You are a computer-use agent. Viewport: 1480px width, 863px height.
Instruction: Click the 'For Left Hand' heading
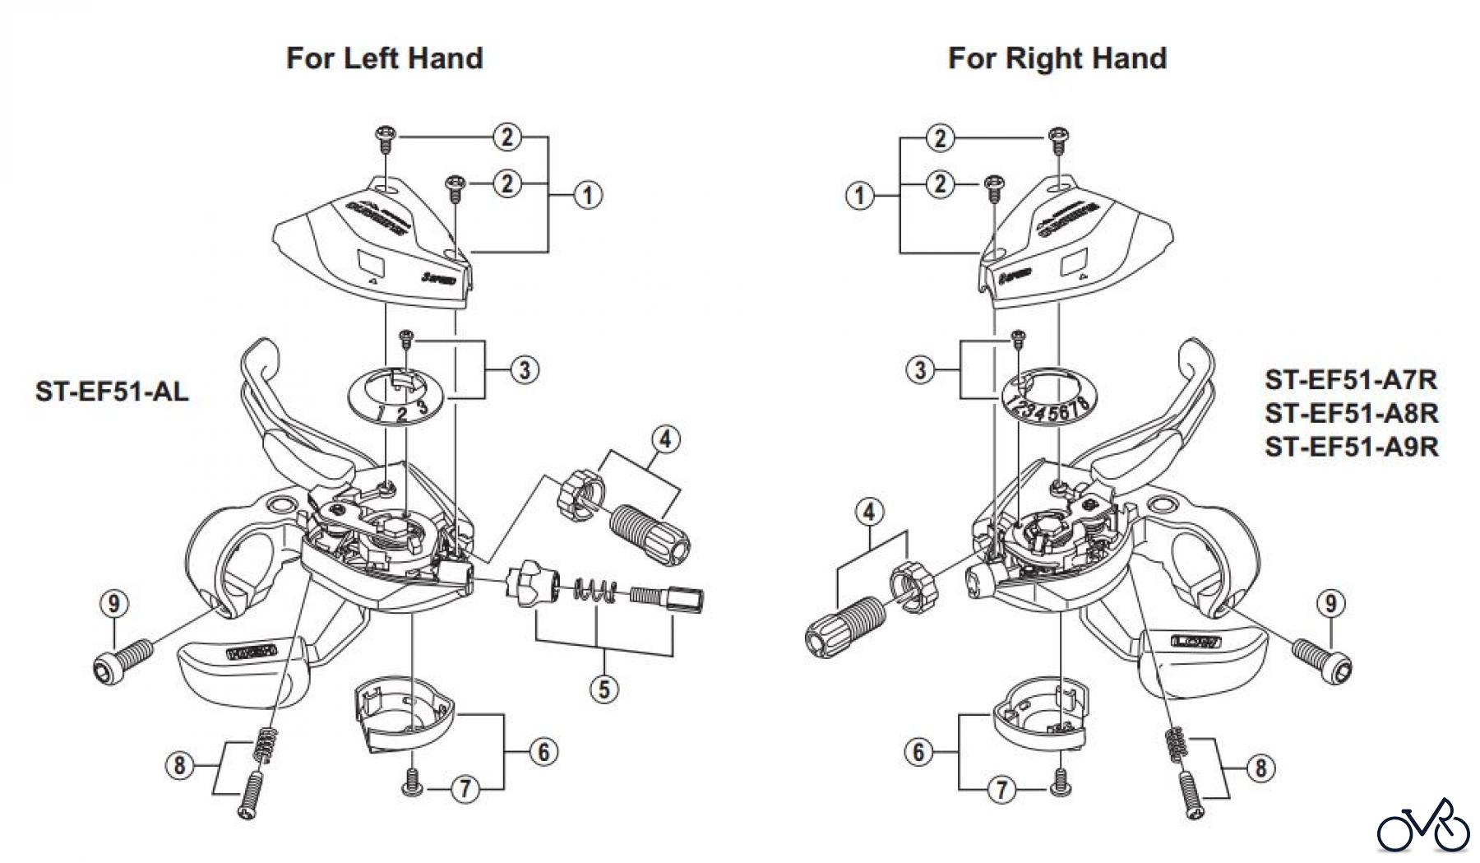tap(384, 58)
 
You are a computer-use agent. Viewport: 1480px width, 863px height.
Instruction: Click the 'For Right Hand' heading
tap(1057, 58)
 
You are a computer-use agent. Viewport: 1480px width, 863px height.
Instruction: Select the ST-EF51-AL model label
tap(112, 391)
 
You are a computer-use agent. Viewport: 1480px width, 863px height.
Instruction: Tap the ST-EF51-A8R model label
tap(1352, 413)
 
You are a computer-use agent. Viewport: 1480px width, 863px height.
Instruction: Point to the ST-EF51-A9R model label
tap(1352, 446)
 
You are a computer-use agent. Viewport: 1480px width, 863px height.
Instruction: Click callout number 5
tap(604, 688)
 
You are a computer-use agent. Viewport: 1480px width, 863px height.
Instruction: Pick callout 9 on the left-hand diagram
tap(113, 604)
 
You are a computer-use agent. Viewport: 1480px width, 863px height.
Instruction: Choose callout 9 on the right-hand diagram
tap(1330, 604)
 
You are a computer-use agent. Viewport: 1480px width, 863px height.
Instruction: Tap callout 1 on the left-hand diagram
tap(587, 196)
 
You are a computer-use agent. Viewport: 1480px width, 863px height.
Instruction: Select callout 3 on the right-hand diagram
tap(920, 370)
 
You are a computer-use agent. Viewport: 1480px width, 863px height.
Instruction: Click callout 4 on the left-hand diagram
tap(665, 440)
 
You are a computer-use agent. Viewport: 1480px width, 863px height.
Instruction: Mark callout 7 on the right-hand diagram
tap(1001, 791)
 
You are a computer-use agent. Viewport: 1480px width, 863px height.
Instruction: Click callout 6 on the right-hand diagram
tap(919, 751)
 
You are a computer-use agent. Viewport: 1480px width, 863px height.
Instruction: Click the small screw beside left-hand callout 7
tap(411, 781)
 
